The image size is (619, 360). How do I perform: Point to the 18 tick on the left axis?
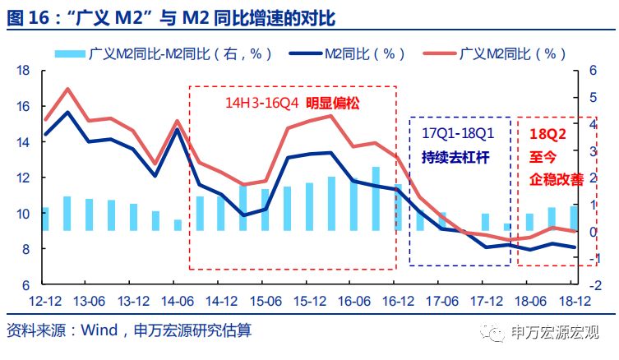click(x=23, y=71)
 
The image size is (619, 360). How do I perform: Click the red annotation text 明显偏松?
click(x=334, y=104)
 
